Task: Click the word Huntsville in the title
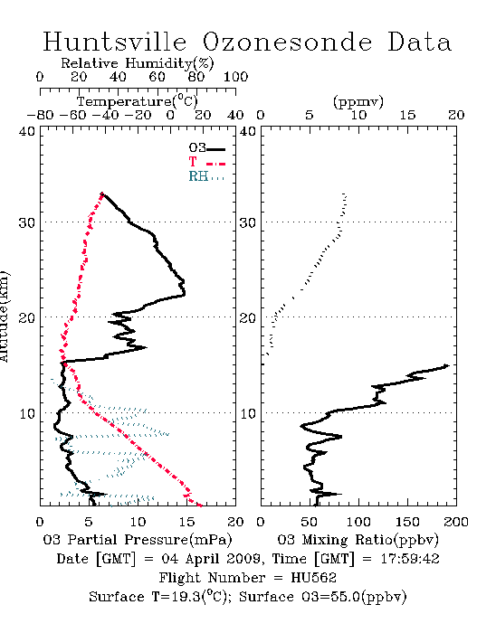pos(115,42)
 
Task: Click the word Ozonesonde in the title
pos(287,42)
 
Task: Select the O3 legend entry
pos(206,148)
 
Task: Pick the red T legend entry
pos(206,163)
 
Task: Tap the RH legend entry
pos(206,176)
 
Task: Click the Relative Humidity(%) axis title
pos(138,63)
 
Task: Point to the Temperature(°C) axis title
pos(138,101)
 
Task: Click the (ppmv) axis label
pos(358,101)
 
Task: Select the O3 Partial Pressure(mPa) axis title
pos(138,539)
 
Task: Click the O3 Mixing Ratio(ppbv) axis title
pos(358,539)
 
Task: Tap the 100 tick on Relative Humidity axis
pos(235,77)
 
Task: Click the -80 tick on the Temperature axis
pos(40,115)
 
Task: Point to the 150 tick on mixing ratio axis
pos(407,522)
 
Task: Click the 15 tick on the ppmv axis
pos(407,115)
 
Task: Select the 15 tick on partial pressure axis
pos(186,522)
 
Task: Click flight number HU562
pos(313,577)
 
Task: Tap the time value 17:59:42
pos(410,559)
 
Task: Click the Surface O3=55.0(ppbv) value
pos(322,597)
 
